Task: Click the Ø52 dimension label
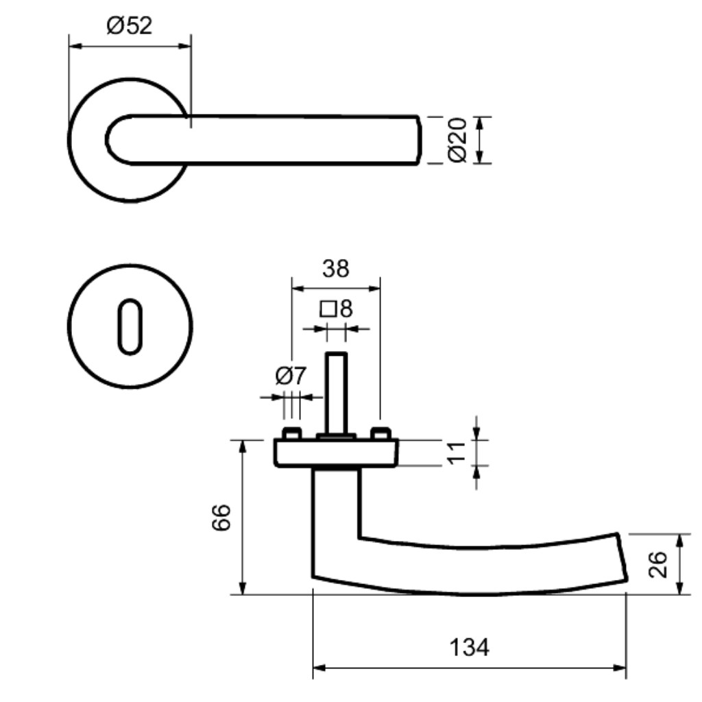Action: (130, 25)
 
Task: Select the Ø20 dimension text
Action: (457, 140)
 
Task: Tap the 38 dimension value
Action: (335, 269)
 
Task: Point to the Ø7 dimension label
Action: (291, 375)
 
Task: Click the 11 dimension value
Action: (457, 452)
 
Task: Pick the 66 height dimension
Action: (221, 518)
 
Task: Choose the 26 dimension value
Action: (657, 565)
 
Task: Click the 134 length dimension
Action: (469, 647)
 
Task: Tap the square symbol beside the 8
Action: (328, 309)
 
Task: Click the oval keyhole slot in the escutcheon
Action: (130, 326)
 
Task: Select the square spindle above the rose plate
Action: (336, 393)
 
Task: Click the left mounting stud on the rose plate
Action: (292, 433)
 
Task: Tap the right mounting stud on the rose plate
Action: (381, 433)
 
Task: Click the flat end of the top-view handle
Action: (419, 140)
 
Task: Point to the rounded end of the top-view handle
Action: (108, 140)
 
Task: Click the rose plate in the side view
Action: (336, 453)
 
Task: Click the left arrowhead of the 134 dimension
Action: (318, 668)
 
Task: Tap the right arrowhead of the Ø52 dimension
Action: (185, 46)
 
